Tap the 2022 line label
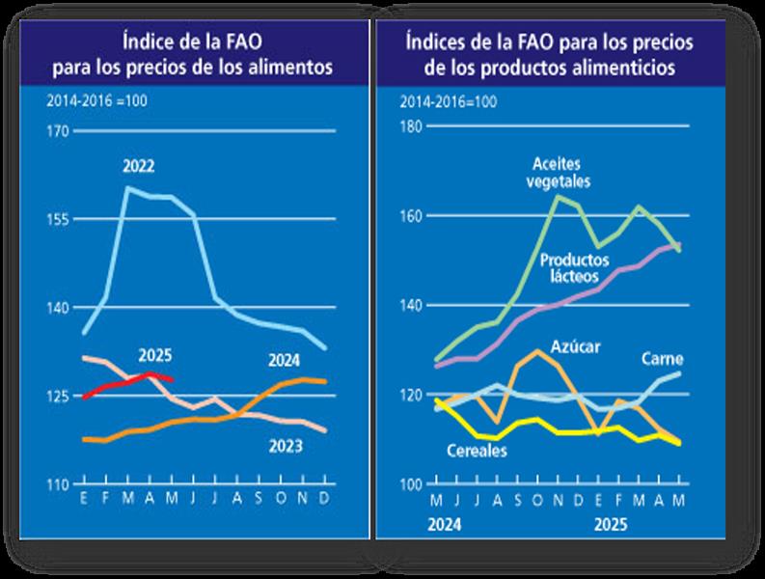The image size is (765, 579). [x=139, y=166]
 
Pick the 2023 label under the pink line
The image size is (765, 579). [x=286, y=446]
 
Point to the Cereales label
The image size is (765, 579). [x=478, y=451]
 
